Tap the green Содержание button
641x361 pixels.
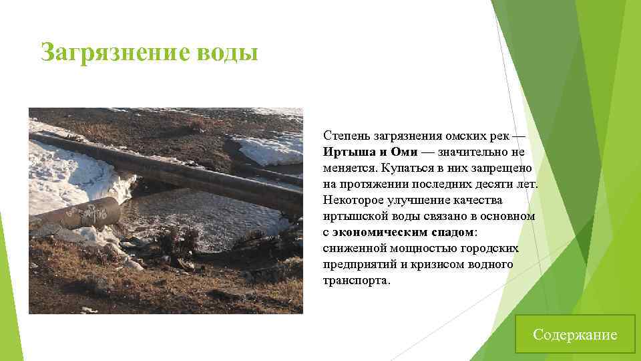575,334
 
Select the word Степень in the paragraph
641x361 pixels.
345,136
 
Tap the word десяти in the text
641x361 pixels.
487,184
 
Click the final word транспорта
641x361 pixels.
356,281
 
